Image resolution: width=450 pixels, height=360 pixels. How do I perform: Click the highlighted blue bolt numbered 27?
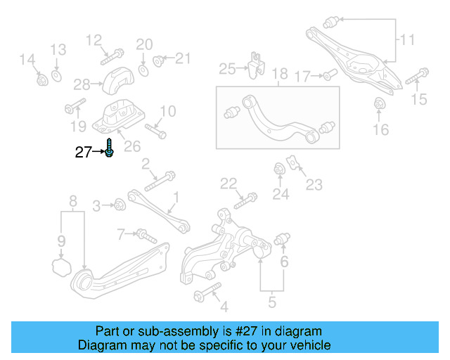coord(110,149)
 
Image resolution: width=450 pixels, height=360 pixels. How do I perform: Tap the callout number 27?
coord(84,152)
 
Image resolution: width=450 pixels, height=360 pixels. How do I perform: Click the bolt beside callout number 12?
coord(114,53)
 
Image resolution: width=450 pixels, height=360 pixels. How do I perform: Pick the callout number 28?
coord(82,84)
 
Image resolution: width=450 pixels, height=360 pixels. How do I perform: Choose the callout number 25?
coord(226,68)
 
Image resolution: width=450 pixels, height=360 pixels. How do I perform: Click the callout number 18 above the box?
coord(280,73)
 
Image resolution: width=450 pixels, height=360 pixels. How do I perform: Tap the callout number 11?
coord(408,39)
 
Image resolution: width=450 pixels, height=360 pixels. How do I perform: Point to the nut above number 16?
coord(379,105)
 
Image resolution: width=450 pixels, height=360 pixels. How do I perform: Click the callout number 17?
coord(302,75)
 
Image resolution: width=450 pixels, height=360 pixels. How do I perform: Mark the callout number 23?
coord(314,185)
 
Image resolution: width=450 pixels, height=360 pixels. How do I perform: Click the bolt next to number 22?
coord(241,201)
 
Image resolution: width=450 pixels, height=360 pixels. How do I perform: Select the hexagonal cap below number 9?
coord(61,266)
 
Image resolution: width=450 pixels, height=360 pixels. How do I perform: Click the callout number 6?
coord(285,262)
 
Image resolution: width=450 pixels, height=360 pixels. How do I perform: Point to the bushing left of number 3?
coord(120,205)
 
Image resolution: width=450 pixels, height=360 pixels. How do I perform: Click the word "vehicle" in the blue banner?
coord(304,345)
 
